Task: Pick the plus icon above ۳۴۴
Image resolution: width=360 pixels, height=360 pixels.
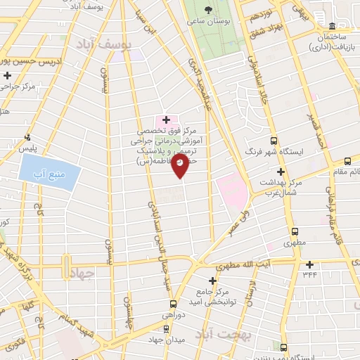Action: point(311,264)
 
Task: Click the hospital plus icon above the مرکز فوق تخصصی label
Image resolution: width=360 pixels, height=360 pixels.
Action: point(166,120)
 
